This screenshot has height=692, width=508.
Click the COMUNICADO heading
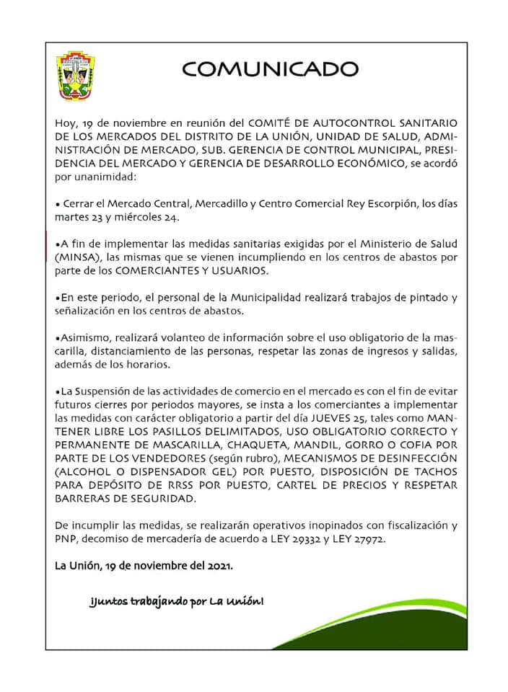(x=270, y=69)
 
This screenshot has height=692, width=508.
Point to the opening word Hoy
(x=66, y=123)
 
